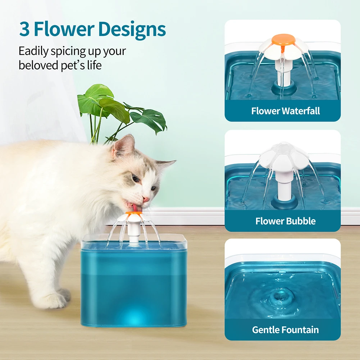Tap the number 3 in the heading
point(24,29)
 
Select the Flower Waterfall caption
point(286,111)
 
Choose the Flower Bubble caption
point(286,221)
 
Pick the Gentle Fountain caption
point(286,329)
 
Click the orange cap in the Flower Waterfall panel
point(283,39)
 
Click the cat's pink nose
point(146,199)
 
